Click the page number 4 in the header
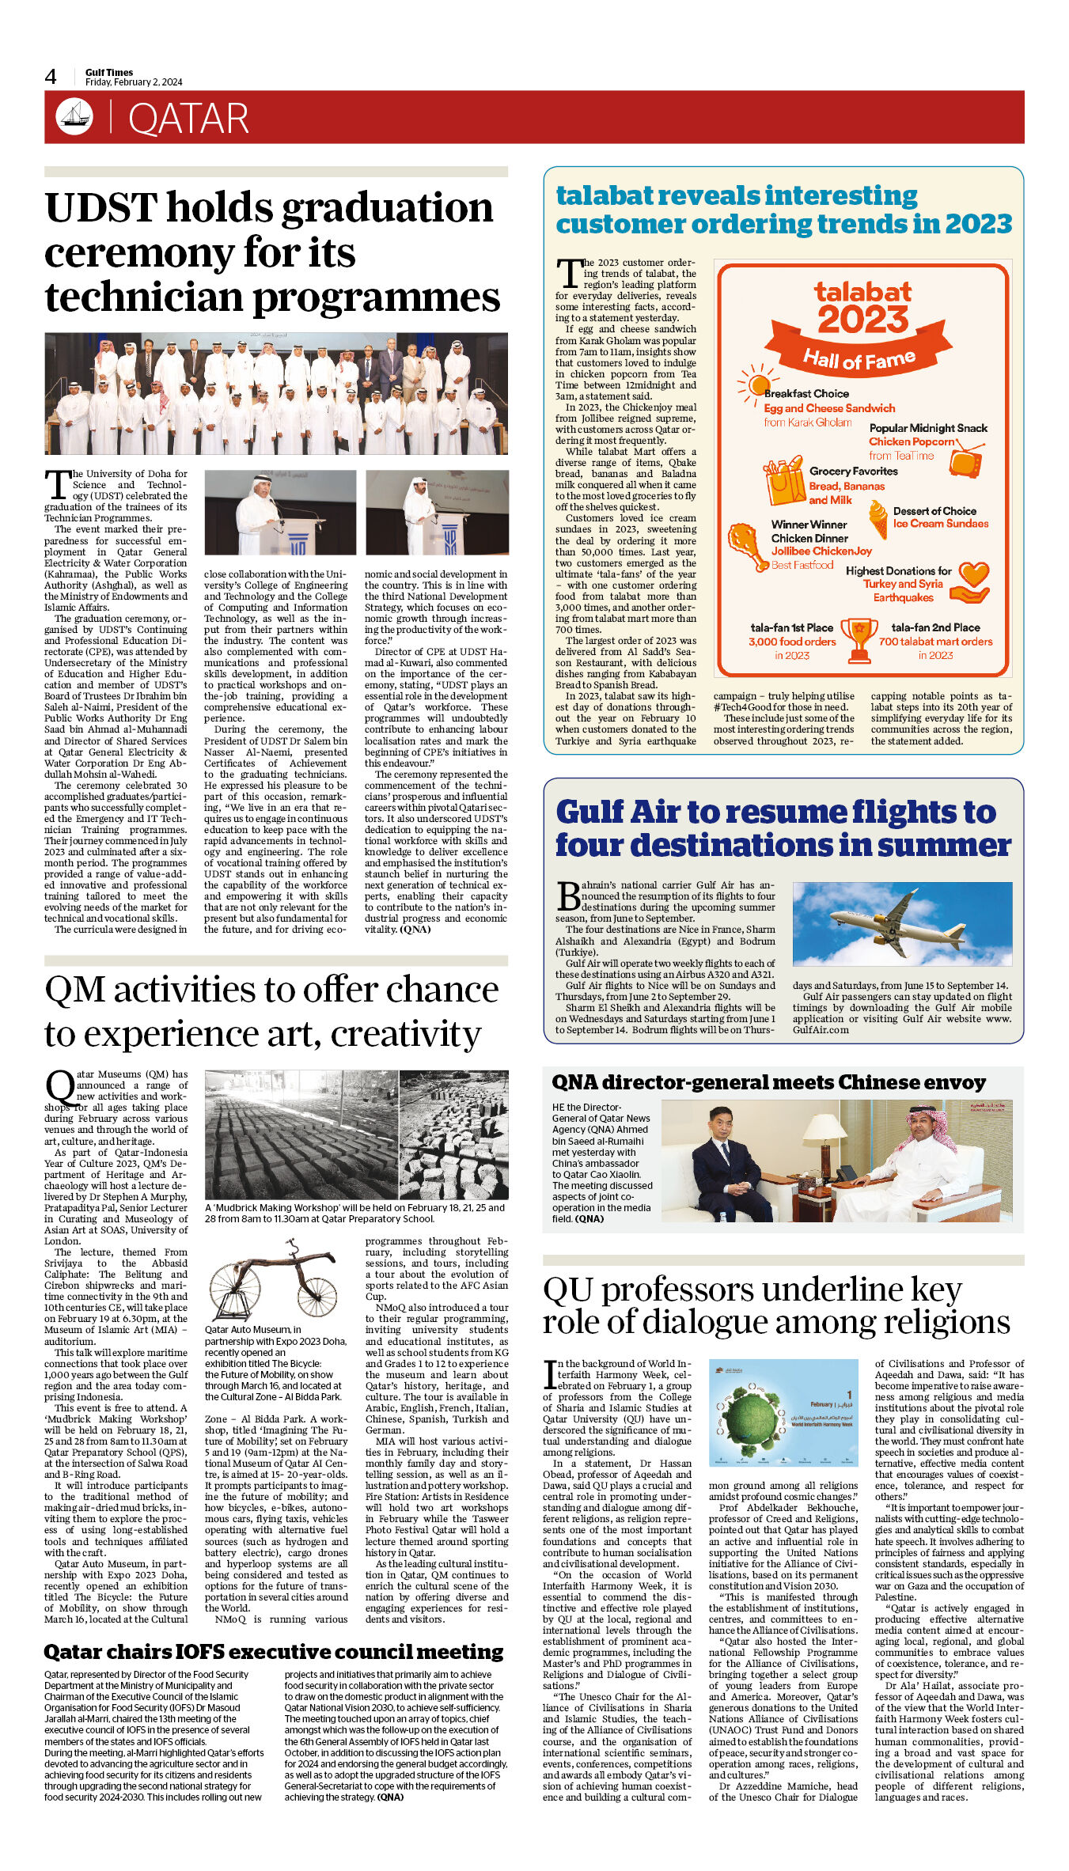pyautogui.click(x=51, y=77)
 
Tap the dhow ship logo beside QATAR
pyautogui.click(x=74, y=116)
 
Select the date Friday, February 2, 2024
pyautogui.click(x=134, y=82)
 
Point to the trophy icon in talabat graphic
pyautogui.click(x=859, y=638)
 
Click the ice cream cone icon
pyautogui.click(x=878, y=519)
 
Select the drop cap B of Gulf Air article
pyautogui.click(x=568, y=896)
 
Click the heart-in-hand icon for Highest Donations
pyautogui.click(x=971, y=582)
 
